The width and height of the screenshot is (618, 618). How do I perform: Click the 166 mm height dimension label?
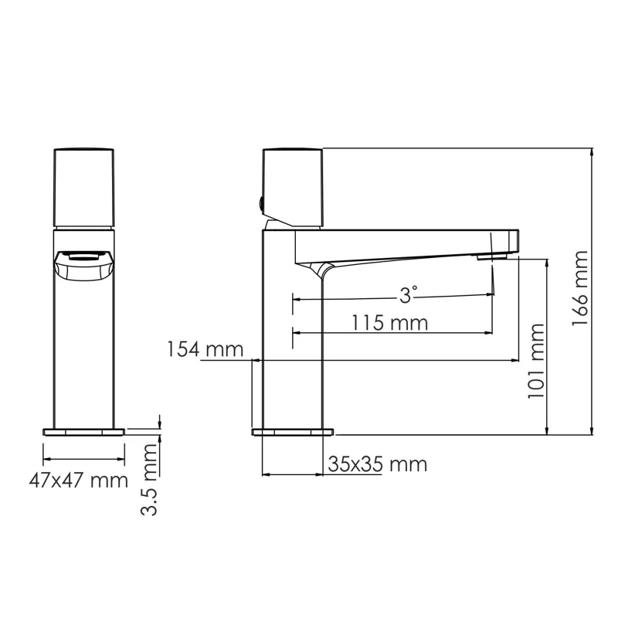(x=581, y=289)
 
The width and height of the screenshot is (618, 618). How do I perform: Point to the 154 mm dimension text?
(x=204, y=350)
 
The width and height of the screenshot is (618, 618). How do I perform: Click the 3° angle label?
(x=409, y=294)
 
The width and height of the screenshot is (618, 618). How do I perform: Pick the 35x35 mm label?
(x=377, y=464)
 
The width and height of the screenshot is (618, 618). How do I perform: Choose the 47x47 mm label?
(x=78, y=480)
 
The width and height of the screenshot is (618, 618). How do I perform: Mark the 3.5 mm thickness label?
(x=151, y=480)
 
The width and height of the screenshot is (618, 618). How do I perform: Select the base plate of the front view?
(x=83, y=431)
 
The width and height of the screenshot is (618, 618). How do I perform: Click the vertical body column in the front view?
(x=83, y=348)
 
